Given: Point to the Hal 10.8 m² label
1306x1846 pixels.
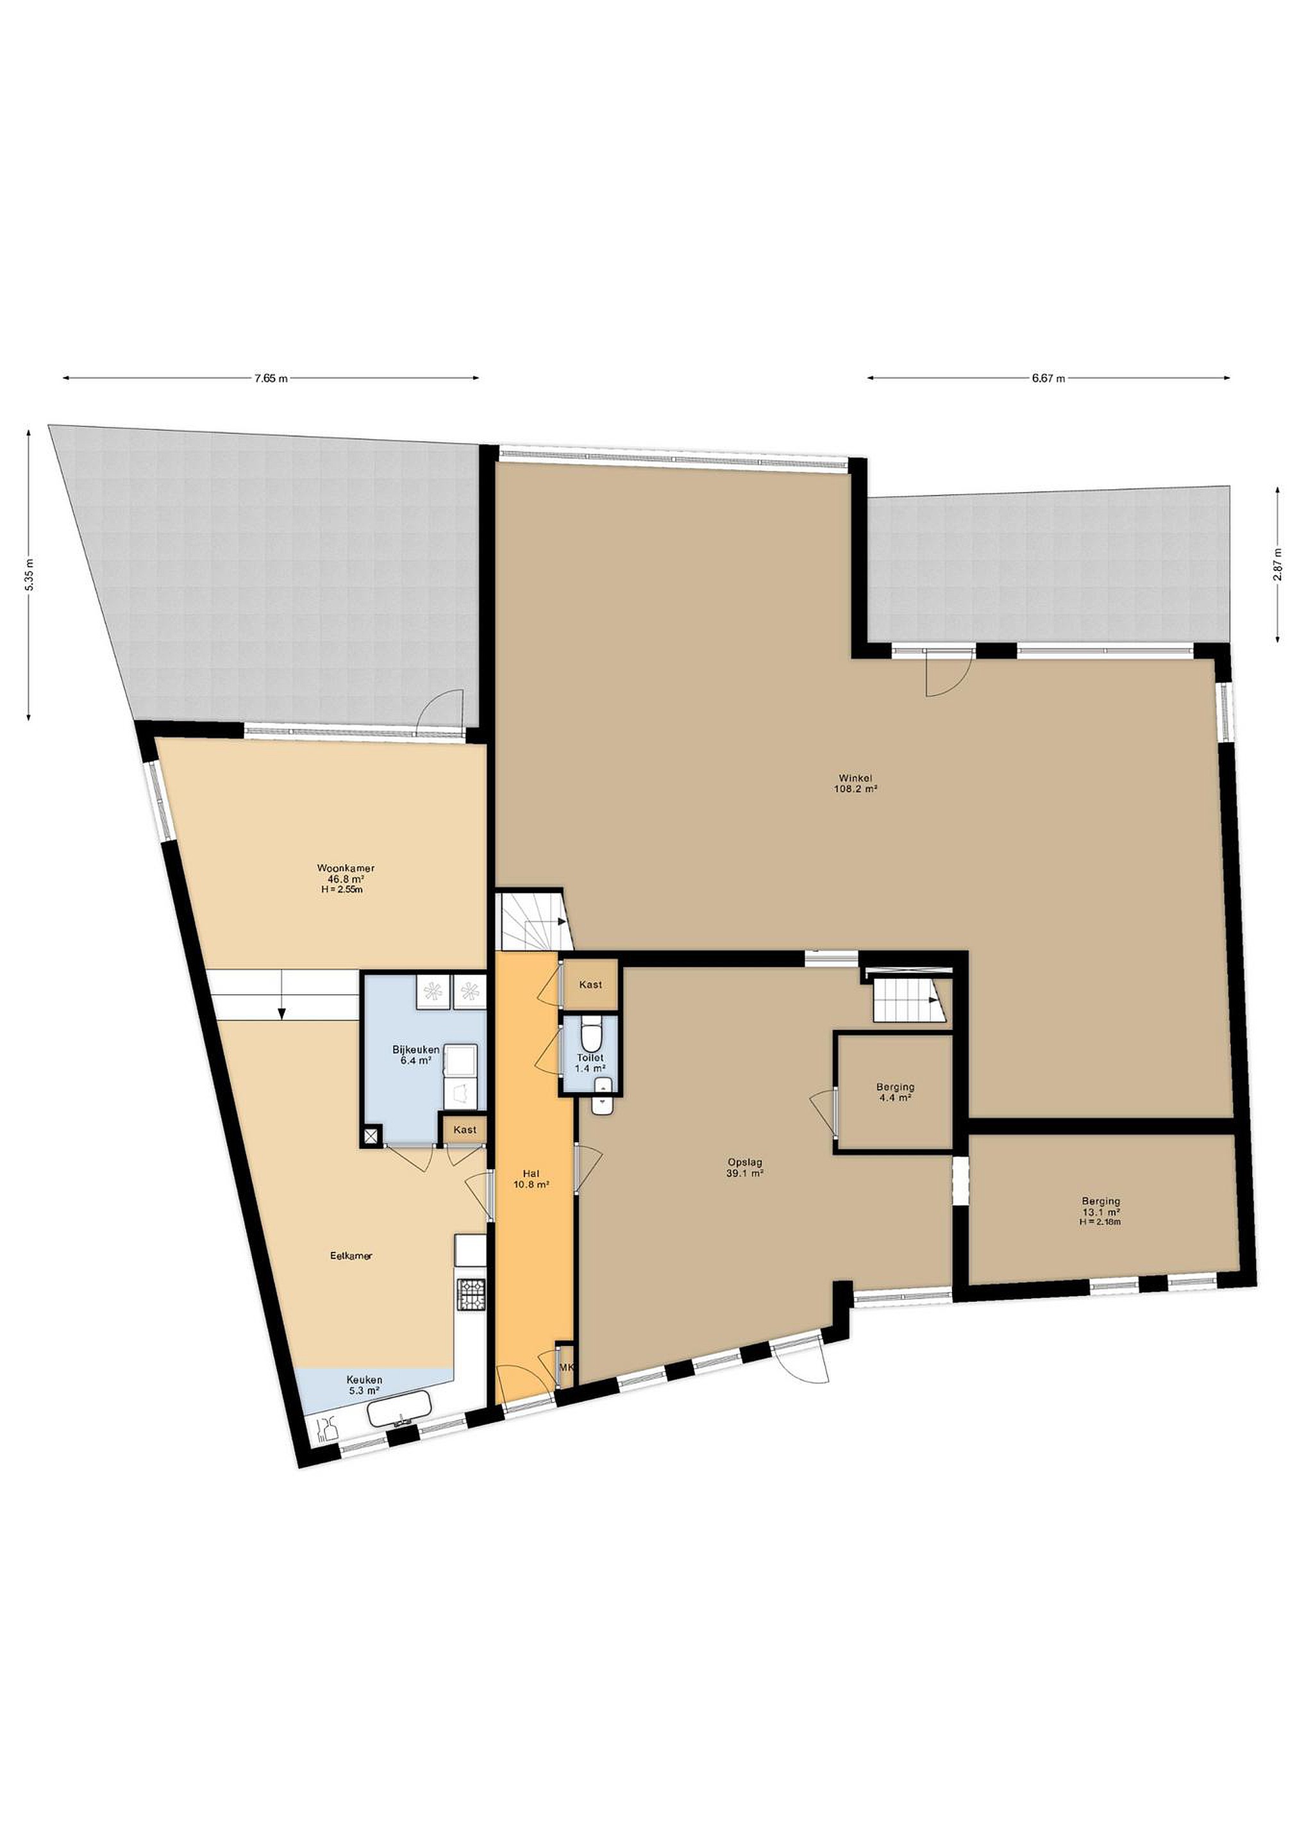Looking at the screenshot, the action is pyautogui.click(x=531, y=1179).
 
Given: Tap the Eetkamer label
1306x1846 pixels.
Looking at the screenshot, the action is pyautogui.click(x=351, y=1256).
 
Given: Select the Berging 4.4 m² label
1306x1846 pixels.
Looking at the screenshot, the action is pyautogui.click(x=895, y=1092).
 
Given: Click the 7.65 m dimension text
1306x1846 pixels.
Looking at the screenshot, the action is pyautogui.click(x=271, y=379).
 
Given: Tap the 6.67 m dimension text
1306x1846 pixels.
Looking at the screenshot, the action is pyautogui.click(x=1049, y=379).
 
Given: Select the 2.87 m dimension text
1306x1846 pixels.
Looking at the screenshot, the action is pyautogui.click(x=1277, y=563).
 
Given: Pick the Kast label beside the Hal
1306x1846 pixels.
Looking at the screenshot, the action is pyautogui.click(x=590, y=985).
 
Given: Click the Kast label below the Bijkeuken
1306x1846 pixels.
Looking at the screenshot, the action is pyautogui.click(x=465, y=1129).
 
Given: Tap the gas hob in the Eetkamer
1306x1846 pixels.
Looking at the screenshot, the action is pyautogui.click(x=471, y=1295).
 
